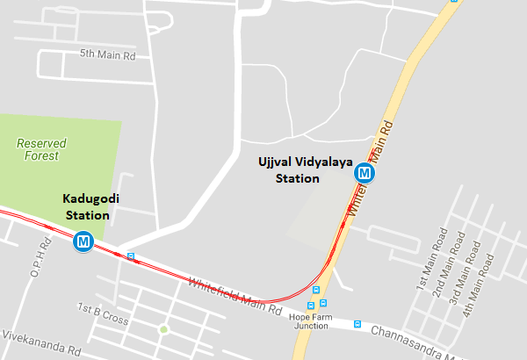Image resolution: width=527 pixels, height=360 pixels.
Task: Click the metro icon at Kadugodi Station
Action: pos(83,240)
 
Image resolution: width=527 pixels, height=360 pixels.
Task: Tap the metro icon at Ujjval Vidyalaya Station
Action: pos(364,174)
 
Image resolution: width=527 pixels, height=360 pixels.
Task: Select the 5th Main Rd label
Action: pos(108,54)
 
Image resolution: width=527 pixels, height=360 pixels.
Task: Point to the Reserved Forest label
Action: pos(41,149)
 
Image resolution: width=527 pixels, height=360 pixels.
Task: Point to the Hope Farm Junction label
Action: pos(312,321)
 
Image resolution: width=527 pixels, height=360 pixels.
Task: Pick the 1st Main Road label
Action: pos(426,260)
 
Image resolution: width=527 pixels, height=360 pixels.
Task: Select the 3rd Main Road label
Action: pos(465,263)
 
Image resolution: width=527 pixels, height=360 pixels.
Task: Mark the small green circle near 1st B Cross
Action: pos(163,330)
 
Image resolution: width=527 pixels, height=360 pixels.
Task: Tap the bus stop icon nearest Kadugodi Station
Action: pos(131,257)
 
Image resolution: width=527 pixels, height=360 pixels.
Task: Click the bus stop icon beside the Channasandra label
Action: pos(357,323)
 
